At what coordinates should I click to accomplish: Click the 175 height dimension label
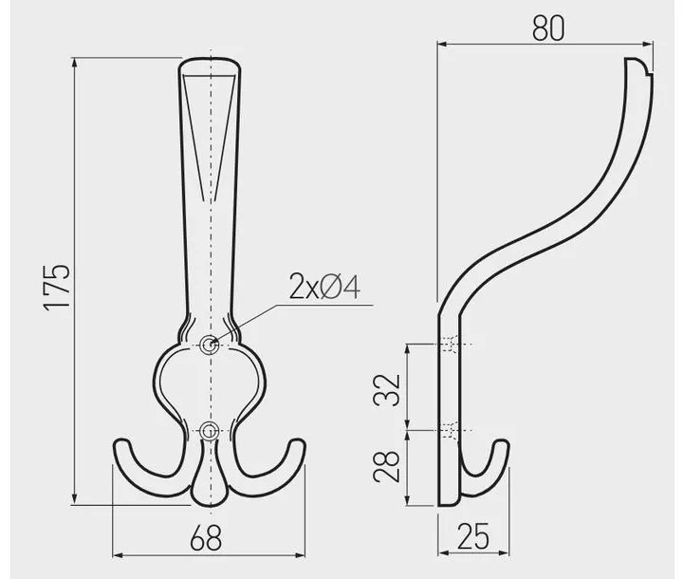coord(57,287)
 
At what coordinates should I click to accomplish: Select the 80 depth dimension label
coord(548,28)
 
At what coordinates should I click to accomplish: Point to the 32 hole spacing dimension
coord(387,389)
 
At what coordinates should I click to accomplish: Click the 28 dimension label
coord(387,466)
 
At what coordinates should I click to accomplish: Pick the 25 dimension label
coord(473,536)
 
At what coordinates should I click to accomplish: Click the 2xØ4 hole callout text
coord(325,287)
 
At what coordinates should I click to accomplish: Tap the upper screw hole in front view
coord(210,345)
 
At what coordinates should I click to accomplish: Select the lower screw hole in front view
coord(210,431)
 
